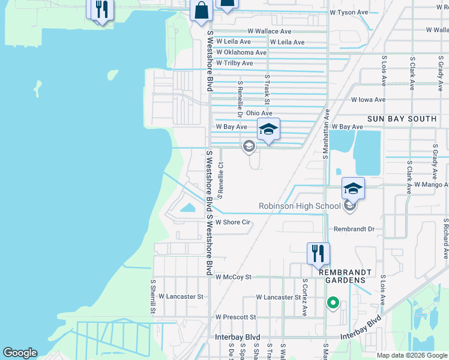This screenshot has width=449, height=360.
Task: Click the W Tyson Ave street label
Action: point(349,12)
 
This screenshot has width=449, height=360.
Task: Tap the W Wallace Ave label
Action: point(270,31)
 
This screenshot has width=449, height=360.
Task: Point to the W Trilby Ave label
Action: point(234,63)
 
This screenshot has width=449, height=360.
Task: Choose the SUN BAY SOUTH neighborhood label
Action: point(402,119)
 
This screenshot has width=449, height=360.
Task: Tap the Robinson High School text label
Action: point(299,206)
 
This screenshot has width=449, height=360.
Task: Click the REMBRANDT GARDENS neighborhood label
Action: point(351,276)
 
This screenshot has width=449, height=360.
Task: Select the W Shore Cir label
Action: point(232,222)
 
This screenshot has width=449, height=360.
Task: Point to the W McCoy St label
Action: point(233,277)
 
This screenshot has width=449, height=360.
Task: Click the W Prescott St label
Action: point(235,317)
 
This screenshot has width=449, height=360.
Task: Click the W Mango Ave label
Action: point(431,185)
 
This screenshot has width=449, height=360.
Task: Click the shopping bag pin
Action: point(200,11)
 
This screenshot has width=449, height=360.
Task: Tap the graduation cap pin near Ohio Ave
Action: point(268,130)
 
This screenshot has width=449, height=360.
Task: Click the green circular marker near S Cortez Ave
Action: point(332,303)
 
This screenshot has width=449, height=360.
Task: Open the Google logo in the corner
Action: point(20,353)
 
